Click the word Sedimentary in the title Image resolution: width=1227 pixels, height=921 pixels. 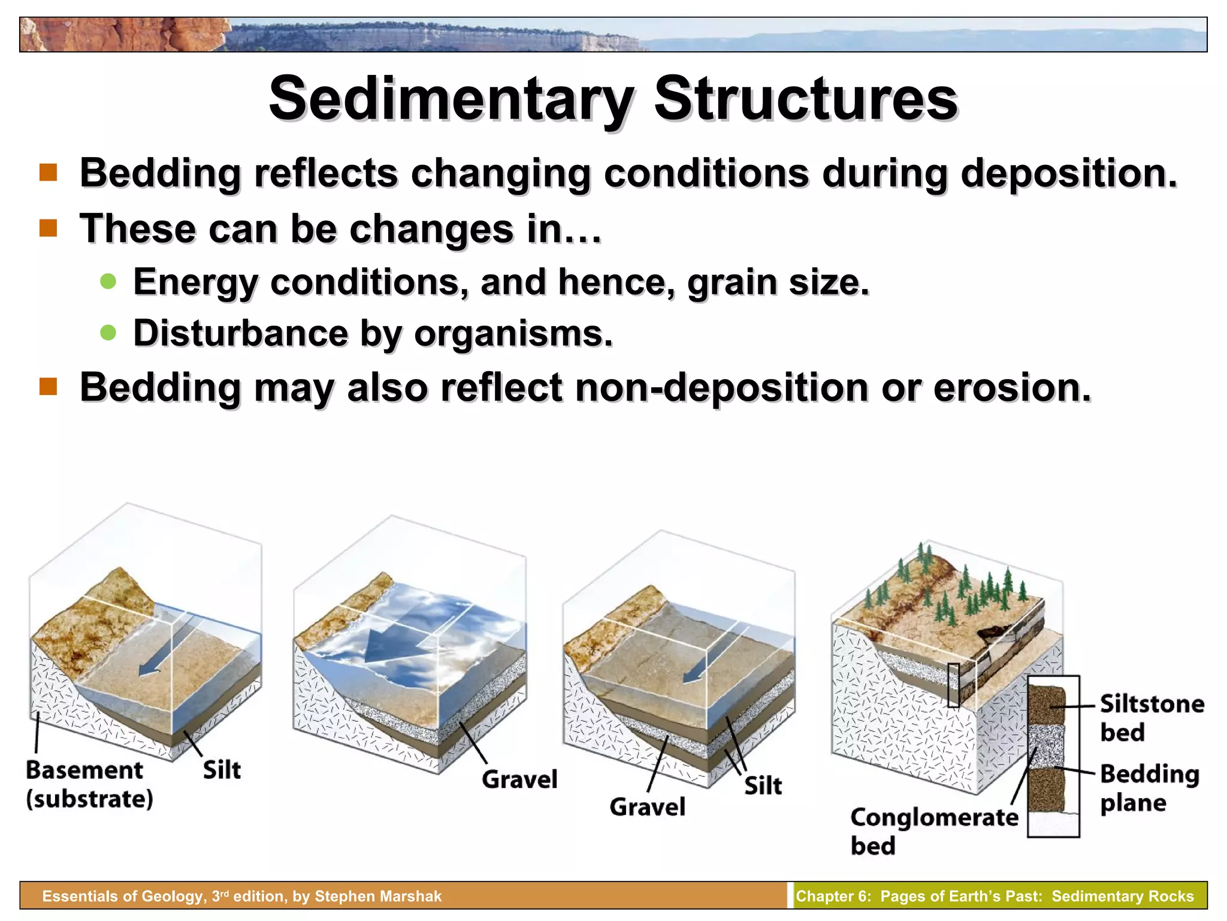[x=451, y=99]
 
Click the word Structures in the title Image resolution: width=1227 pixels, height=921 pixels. [x=806, y=99]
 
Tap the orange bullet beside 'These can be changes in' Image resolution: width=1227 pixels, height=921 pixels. [x=48, y=228]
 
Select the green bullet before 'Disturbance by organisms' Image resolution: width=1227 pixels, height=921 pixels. [x=108, y=333]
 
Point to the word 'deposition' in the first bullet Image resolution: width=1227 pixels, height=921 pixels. [x=1068, y=173]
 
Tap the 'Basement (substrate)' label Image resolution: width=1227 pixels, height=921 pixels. [x=89, y=784]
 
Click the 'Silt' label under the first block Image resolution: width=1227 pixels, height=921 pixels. [x=222, y=770]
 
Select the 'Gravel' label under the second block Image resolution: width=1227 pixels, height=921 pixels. [x=519, y=779]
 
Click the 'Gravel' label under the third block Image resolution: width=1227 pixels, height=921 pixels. [x=647, y=807]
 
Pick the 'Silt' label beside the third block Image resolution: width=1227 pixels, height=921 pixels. [x=763, y=785]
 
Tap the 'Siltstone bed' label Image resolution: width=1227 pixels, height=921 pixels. [x=1152, y=718]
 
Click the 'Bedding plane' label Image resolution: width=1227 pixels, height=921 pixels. [x=1149, y=788]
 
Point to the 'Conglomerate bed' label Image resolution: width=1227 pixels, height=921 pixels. [x=933, y=831]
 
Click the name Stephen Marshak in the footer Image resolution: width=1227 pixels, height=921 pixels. [x=377, y=896]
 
